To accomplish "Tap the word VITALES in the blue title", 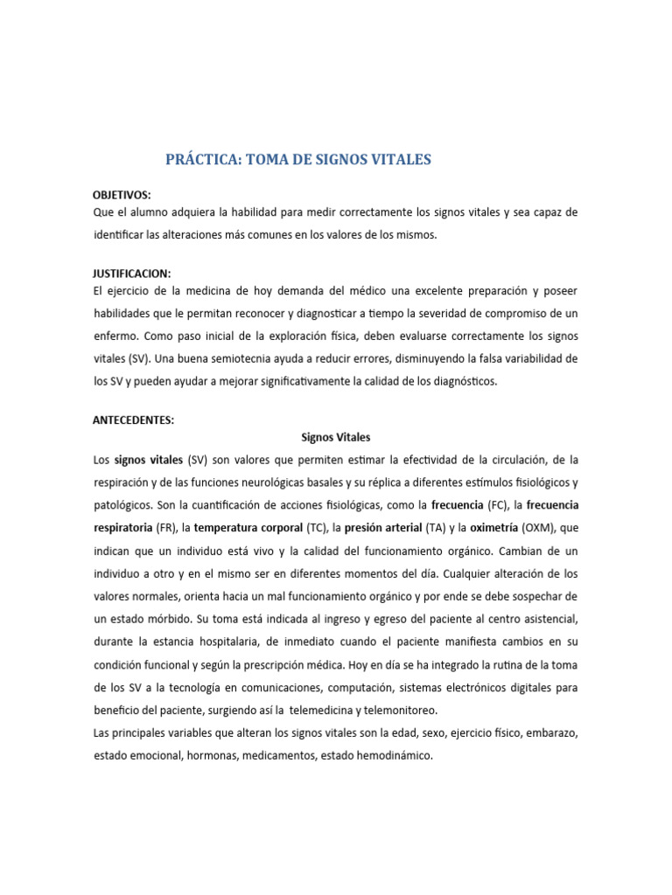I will (397, 159).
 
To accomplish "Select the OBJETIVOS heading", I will (122, 195).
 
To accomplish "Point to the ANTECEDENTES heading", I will (134, 420).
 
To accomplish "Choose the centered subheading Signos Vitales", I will (336, 437).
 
